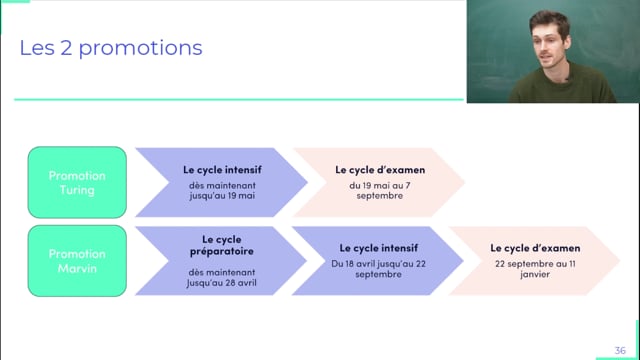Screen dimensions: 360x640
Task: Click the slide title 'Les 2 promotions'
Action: click(x=111, y=47)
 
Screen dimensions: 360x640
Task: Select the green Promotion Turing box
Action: click(x=77, y=183)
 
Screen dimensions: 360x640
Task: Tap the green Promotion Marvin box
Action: click(x=77, y=260)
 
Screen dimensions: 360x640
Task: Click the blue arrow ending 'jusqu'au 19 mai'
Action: click(x=218, y=183)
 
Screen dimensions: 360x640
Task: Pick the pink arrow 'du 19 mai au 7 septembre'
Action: click(x=376, y=183)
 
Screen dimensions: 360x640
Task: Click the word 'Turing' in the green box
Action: click(x=77, y=190)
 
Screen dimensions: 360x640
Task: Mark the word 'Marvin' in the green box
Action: click(x=77, y=267)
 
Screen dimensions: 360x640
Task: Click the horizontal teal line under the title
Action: click(x=240, y=99)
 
